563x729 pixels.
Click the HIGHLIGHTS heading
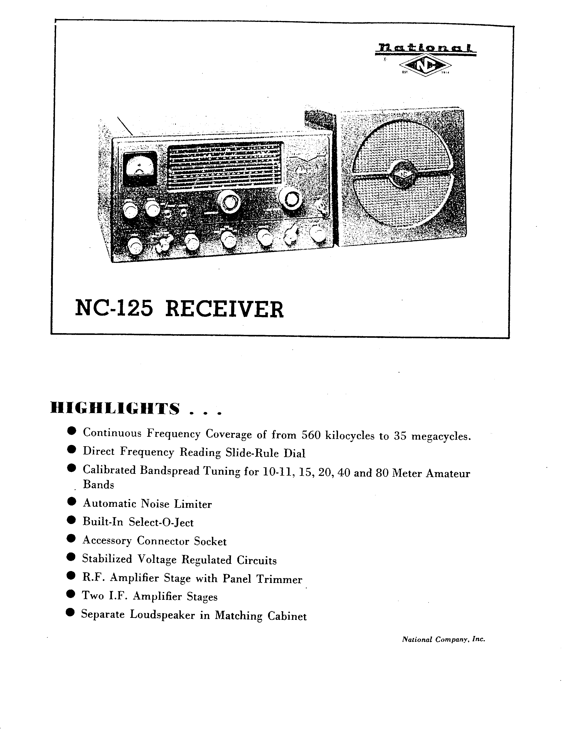pyautogui.click(x=115, y=408)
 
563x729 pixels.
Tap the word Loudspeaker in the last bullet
pyautogui.click(x=162, y=615)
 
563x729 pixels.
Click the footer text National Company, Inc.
pyautogui.click(x=444, y=640)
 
